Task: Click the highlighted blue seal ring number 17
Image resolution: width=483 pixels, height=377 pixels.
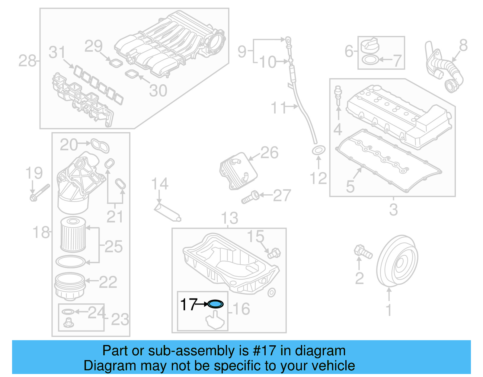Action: (x=216, y=304)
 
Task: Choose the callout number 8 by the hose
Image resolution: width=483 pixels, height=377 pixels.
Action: (x=463, y=46)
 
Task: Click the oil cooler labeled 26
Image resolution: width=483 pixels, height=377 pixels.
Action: (x=238, y=171)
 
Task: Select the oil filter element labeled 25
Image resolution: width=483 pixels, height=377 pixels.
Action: (x=73, y=235)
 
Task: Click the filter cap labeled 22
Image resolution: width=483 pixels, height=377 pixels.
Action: (x=69, y=285)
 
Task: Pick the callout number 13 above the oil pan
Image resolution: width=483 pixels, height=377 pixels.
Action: (x=229, y=218)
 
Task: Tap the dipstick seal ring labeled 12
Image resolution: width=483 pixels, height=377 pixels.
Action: (x=318, y=150)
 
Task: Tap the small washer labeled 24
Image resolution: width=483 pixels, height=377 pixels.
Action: (x=68, y=312)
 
